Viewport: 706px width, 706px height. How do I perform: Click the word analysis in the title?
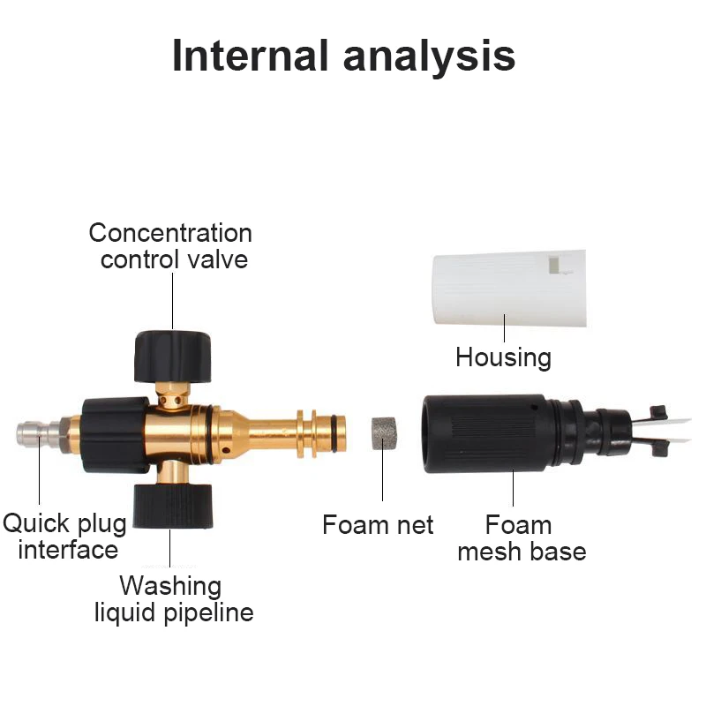point(429,55)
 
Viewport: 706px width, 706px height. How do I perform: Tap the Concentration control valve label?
point(171,246)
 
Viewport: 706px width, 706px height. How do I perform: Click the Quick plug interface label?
point(65,537)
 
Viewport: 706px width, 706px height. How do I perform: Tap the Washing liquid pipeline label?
point(173,598)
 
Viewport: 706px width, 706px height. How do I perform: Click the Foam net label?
point(378,525)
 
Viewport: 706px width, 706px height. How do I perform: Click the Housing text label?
point(503,357)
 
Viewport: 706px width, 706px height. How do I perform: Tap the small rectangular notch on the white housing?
point(553,264)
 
